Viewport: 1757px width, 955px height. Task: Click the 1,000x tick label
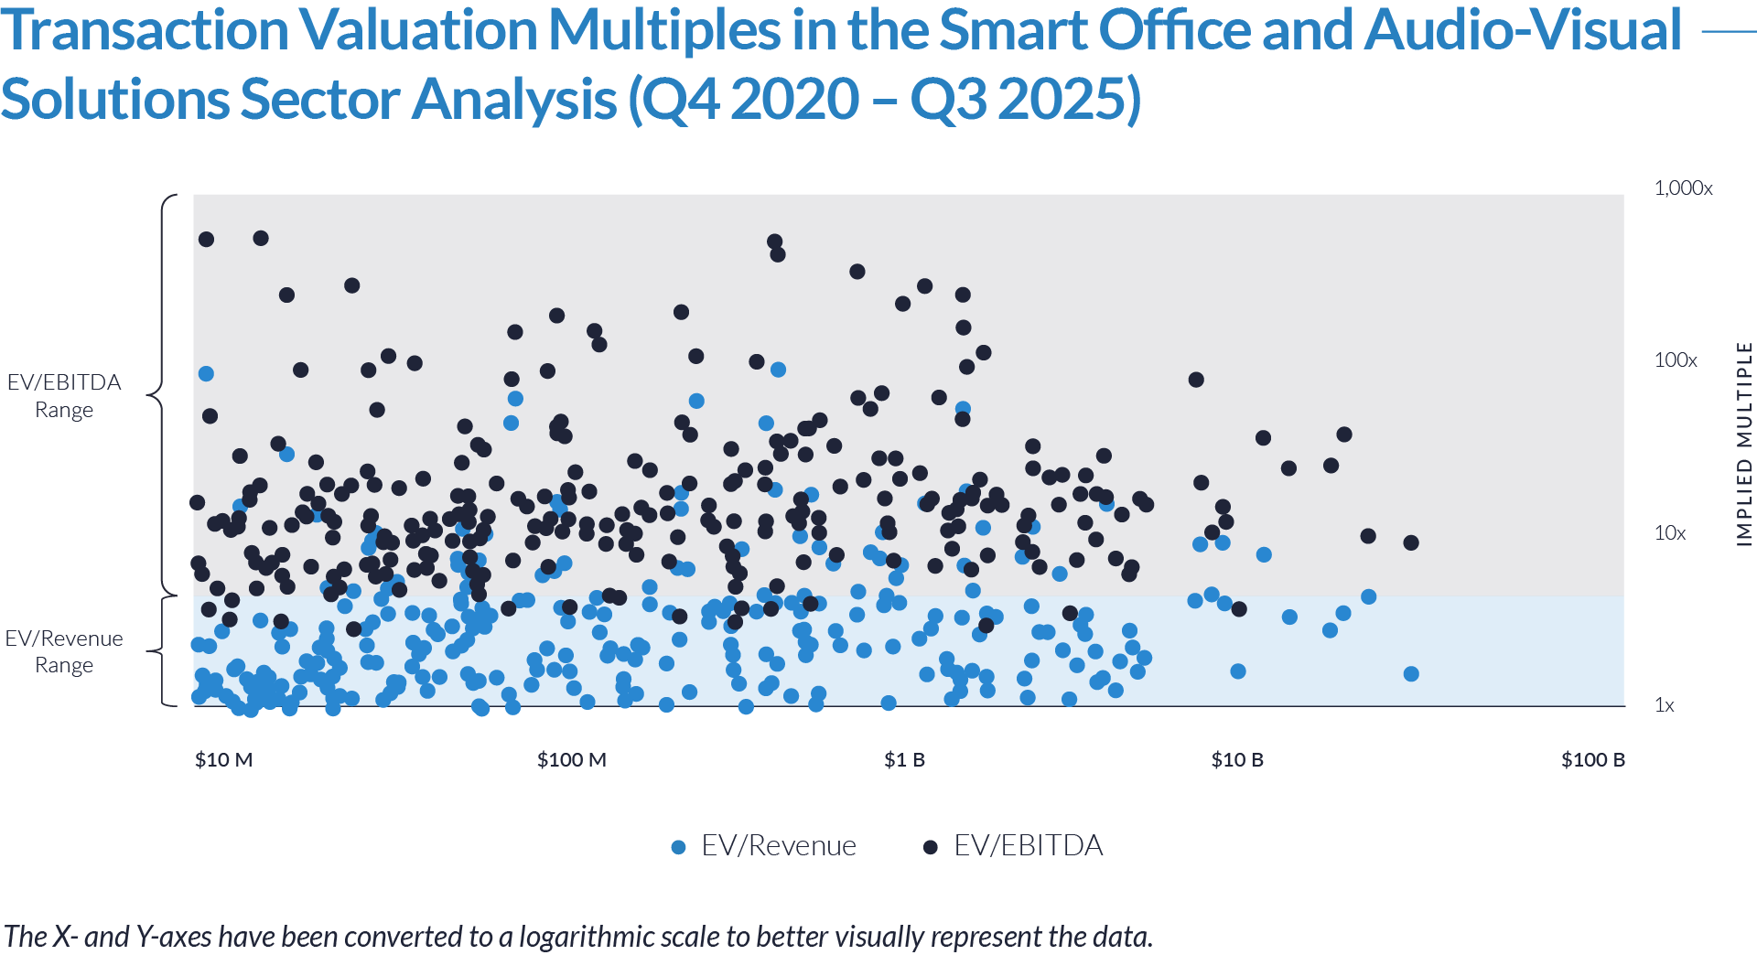coord(1683,188)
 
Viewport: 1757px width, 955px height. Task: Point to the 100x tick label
coord(1676,360)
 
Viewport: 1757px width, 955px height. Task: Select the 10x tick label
coord(1670,533)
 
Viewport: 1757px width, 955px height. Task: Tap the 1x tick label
coord(1665,705)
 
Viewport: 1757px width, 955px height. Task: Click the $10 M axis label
coord(223,760)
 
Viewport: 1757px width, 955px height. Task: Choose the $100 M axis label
coord(572,760)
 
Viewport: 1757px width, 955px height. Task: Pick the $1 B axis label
coord(904,760)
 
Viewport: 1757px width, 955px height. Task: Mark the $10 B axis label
coord(1237,760)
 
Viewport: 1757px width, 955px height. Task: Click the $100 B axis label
coord(1593,760)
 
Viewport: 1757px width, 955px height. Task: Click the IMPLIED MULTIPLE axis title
coord(1745,445)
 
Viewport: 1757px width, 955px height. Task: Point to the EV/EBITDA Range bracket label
coord(64,396)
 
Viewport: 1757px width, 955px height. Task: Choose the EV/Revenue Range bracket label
coord(64,651)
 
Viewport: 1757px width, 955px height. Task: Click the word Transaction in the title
coord(145,31)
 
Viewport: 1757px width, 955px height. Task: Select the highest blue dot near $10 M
coord(206,373)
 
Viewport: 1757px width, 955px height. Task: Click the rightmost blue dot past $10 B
coord(1368,596)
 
